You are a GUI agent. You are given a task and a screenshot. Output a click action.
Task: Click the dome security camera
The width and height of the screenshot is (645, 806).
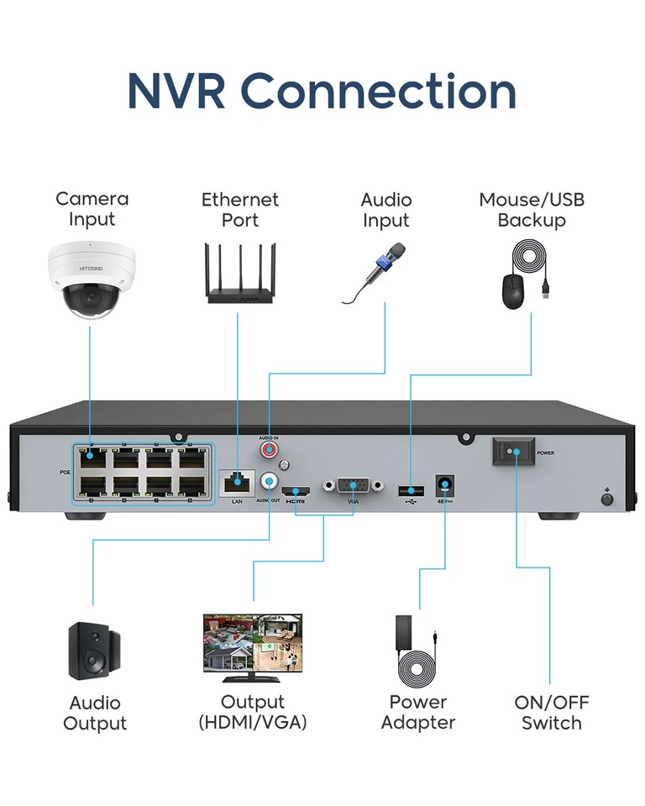(x=90, y=280)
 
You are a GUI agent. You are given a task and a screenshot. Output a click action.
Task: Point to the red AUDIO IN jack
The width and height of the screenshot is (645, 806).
(x=270, y=451)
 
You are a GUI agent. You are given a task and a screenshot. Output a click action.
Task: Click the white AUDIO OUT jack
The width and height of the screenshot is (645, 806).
(x=270, y=481)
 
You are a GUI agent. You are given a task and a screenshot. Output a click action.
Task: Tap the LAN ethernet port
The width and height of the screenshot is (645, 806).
(x=237, y=482)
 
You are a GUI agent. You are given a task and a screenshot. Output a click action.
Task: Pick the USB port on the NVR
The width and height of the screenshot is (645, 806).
(x=410, y=489)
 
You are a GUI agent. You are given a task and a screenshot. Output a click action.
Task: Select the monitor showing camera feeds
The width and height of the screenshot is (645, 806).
(x=252, y=647)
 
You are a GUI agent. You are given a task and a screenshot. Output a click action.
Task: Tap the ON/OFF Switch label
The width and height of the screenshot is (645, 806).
(x=551, y=713)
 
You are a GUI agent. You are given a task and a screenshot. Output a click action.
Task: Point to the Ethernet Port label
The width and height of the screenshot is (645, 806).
(x=240, y=210)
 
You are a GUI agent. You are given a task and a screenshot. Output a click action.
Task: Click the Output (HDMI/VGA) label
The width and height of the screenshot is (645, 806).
(x=252, y=712)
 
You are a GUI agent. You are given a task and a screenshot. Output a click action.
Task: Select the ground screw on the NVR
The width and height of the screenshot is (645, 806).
(x=607, y=499)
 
